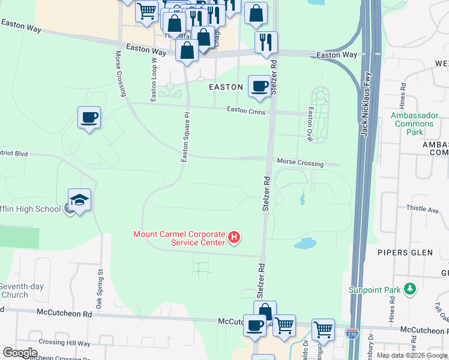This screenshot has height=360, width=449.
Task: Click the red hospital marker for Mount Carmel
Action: pyautogui.click(x=235, y=238)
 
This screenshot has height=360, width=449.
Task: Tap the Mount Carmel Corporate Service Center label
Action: pyautogui.click(x=179, y=238)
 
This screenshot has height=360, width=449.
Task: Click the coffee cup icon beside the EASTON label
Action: pyautogui.click(x=259, y=86)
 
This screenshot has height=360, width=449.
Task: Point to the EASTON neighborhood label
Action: pyautogui.click(x=225, y=87)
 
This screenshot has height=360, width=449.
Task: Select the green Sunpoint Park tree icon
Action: pyautogui.click(x=410, y=290)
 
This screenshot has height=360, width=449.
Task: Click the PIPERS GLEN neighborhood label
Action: pyautogui.click(x=405, y=253)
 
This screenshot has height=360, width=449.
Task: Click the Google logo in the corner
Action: pyautogui.click(x=20, y=353)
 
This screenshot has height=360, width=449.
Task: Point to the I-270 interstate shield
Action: pyautogui.click(x=354, y=332)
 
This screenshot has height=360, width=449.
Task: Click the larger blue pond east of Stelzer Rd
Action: pyautogui.click(x=305, y=243)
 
